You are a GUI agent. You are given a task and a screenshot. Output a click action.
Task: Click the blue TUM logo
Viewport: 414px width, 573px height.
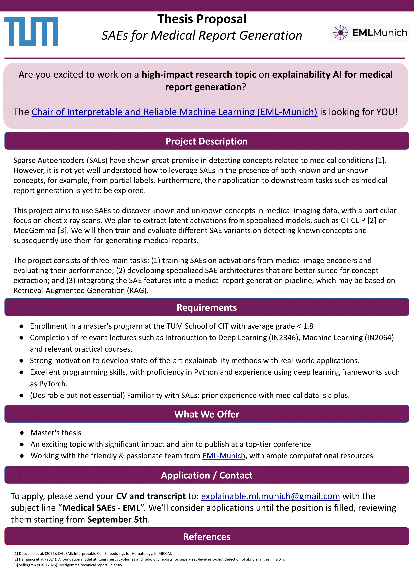click(x=31, y=31)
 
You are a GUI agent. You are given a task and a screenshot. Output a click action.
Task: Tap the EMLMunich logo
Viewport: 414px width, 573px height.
click(x=370, y=32)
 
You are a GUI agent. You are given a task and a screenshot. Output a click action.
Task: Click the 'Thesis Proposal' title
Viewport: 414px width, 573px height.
click(x=202, y=19)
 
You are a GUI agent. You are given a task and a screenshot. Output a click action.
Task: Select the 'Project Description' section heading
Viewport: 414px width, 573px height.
click(x=206, y=141)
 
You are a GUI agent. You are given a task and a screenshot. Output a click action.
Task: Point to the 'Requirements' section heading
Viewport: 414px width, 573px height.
click(x=206, y=307)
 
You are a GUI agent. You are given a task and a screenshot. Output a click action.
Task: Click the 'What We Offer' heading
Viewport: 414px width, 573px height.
click(x=206, y=414)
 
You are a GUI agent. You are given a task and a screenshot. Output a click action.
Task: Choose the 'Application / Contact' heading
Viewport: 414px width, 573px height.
click(x=206, y=475)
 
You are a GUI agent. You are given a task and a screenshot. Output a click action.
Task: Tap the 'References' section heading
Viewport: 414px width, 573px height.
click(x=206, y=537)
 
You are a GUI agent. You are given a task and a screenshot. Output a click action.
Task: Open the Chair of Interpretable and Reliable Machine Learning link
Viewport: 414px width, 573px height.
click(x=174, y=112)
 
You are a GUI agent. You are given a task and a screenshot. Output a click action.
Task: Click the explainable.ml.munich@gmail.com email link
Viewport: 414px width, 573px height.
click(x=270, y=496)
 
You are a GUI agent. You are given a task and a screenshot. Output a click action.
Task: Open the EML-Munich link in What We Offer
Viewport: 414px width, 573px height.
click(x=224, y=456)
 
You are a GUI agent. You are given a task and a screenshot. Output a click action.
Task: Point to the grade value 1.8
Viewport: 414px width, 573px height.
click(x=308, y=326)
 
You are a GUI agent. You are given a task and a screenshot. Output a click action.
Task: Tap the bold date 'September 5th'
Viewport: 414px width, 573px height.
click(x=117, y=519)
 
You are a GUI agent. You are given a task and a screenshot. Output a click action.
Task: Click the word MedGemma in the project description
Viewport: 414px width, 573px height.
click(x=34, y=230)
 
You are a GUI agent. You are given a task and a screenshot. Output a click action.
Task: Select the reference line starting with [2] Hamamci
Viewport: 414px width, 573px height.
click(x=149, y=559)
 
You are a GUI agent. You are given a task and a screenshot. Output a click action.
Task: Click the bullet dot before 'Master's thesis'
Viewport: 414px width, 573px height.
click(x=22, y=433)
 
